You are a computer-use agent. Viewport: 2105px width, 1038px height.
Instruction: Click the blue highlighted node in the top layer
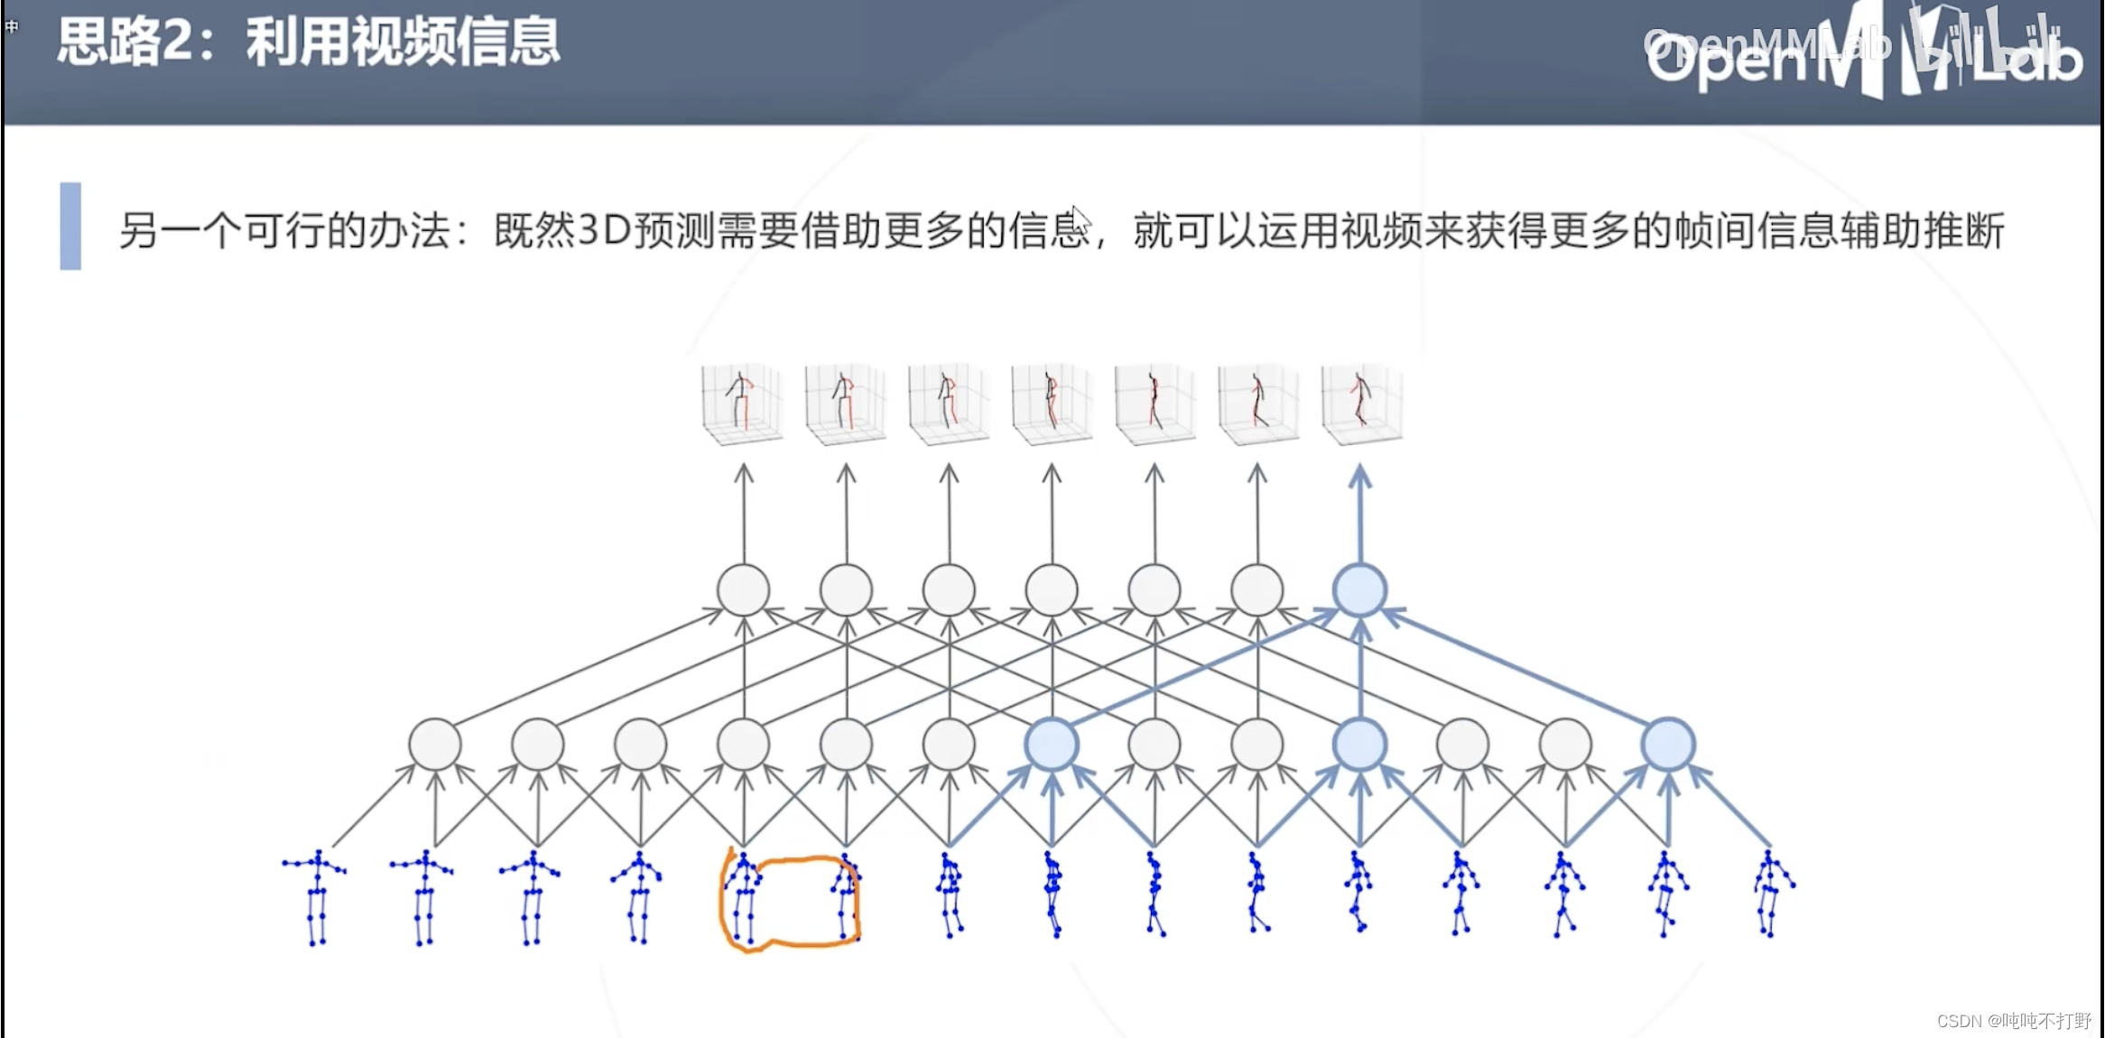1360,590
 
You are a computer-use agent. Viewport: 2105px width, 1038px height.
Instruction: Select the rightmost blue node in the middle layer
1668,745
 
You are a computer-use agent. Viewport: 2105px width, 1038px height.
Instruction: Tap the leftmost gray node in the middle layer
435,745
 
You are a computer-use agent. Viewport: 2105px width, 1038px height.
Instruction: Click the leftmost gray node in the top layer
743,590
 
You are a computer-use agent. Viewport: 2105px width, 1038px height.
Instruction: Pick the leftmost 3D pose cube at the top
742,403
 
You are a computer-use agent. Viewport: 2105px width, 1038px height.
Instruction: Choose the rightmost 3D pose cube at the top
1361,403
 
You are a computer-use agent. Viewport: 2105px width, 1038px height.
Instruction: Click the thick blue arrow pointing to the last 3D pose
1360,514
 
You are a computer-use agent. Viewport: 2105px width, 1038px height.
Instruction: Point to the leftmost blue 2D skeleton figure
315,897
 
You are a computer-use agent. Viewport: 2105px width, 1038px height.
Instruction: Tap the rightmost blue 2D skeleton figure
1772,894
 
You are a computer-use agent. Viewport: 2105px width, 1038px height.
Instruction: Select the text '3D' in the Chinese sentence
604,230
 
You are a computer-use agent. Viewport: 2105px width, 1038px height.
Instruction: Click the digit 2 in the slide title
179,42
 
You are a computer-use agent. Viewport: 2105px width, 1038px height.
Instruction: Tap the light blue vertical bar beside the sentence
70,226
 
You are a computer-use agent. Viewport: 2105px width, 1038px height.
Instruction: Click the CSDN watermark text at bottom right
2013,1021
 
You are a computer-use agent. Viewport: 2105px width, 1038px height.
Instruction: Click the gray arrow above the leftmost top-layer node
744,514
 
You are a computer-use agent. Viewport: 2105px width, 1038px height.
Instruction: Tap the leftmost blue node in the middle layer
1052,745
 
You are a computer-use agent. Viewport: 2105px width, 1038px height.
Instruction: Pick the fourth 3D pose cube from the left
1052,403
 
